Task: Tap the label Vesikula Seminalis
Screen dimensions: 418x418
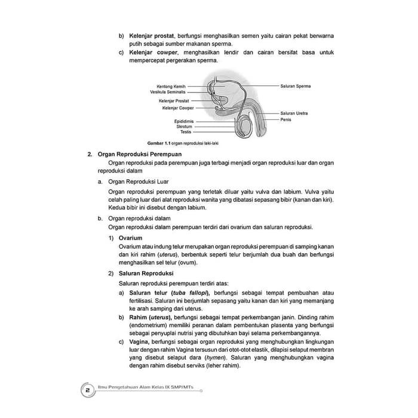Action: tap(168, 93)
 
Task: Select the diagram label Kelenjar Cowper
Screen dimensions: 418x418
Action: tap(178, 109)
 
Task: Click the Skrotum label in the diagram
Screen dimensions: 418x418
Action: tap(183, 127)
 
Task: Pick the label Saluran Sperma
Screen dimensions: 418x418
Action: tap(296, 87)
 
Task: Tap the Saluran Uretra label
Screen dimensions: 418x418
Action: tap(294, 113)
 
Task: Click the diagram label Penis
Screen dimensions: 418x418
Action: tap(285, 119)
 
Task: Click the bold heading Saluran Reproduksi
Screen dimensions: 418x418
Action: tap(145, 273)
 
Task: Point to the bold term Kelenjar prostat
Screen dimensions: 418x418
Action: tap(151, 36)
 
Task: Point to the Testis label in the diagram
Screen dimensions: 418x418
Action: tap(186, 132)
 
